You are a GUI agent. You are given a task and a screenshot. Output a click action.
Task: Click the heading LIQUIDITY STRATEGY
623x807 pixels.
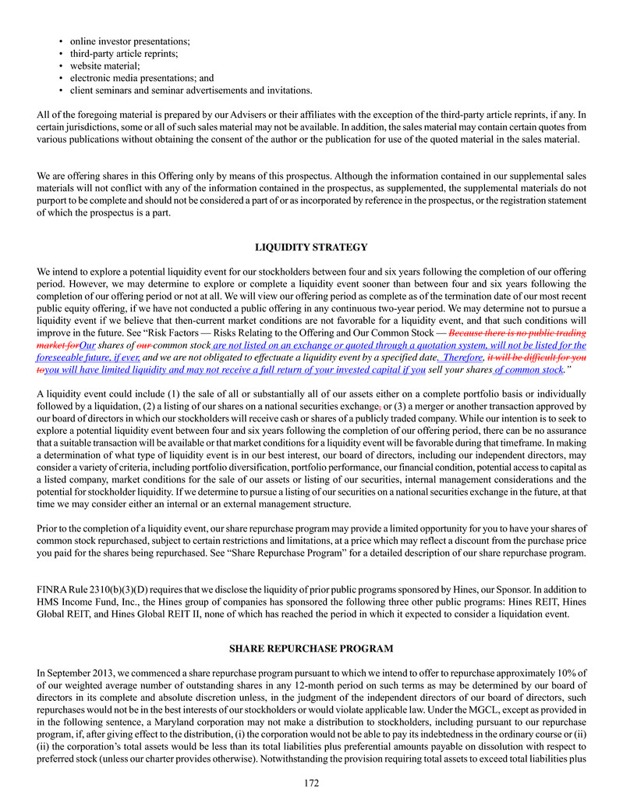(311, 247)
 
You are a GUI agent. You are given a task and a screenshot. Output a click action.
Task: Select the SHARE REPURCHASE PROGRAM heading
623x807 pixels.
(311, 649)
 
